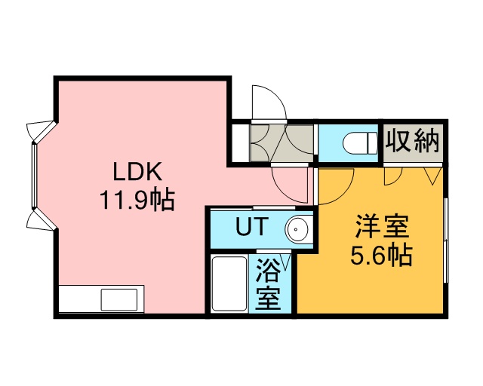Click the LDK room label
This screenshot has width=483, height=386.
pos(137,172)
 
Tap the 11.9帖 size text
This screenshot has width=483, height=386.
pos(137,200)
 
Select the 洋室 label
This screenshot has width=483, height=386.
pos(382,227)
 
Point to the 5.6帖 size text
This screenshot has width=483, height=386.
pos(381,255)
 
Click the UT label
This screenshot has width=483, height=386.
pos(250,226)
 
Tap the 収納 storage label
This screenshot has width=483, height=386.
pos(413,141)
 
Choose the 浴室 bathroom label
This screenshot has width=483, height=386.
pos(269,284)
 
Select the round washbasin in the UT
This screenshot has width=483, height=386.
pos(297,229)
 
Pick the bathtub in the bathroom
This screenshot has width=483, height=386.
pos(229,283)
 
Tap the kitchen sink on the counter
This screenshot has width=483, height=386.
pos(119,299)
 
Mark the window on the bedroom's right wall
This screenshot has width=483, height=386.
pos(445,240)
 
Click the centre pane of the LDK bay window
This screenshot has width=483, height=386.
pos(34,176)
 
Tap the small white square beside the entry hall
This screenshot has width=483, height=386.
pos(240,142)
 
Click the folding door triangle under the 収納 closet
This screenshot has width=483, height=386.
pos(432,176)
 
